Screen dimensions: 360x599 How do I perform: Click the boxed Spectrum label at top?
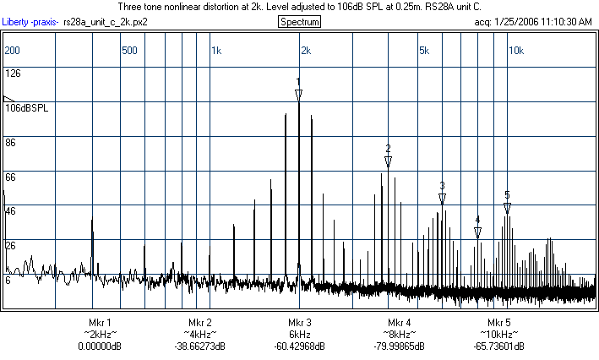[299, 20]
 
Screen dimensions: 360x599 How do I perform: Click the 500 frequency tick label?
[129, 51]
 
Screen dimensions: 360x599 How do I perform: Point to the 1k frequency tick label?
[215, 51]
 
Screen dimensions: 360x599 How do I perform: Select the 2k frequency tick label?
[306, 51]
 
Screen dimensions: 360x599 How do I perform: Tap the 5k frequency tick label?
[424, 51]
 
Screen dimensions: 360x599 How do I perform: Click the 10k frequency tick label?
[515, 51]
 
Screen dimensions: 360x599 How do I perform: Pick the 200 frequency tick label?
[13, 51]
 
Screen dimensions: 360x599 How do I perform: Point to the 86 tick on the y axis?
[11, 143]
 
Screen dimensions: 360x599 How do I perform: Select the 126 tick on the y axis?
[13, 74]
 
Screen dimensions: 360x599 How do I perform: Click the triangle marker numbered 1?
[298, 94]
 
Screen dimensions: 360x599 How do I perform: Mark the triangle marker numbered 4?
[477, 232]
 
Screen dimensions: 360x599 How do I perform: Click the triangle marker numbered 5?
[507, 207]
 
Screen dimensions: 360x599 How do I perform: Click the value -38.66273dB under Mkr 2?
[199, 346]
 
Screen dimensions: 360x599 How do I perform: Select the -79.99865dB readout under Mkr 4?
[399, 346]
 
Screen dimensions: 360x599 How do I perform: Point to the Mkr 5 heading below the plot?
[498, 323]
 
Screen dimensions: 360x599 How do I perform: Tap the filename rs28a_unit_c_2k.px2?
[106, 20]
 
